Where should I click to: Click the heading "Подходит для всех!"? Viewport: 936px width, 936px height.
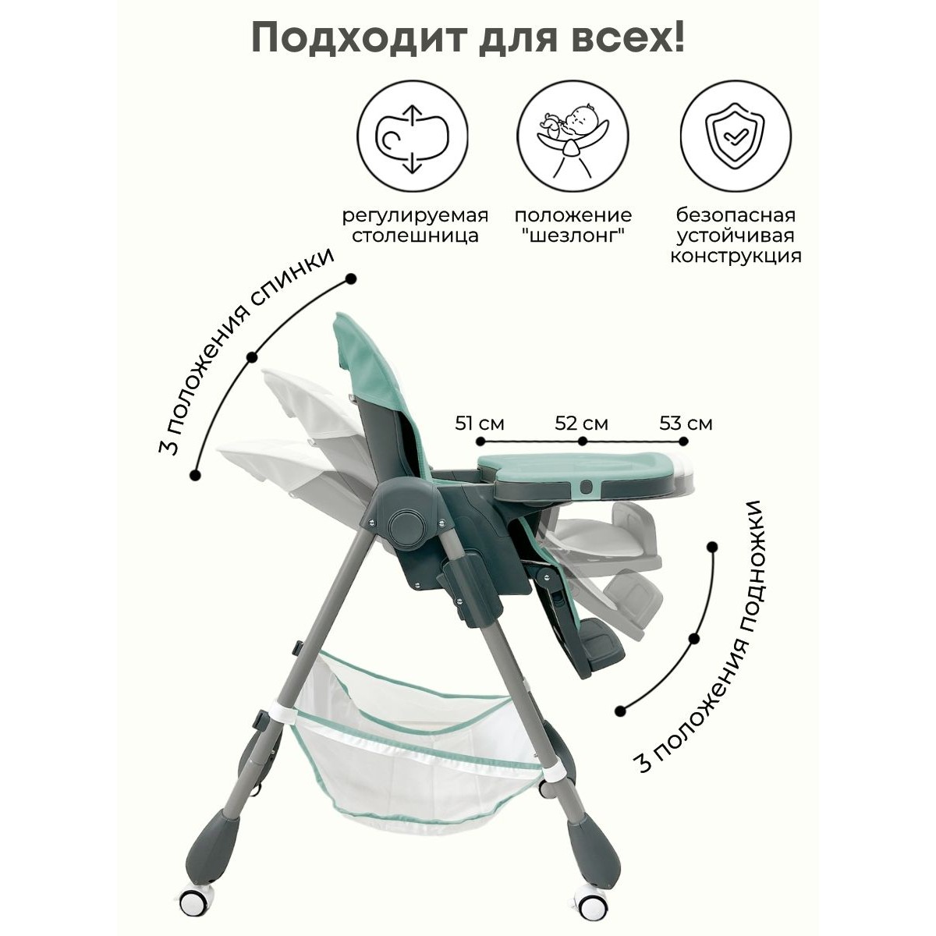(x=468, y=39)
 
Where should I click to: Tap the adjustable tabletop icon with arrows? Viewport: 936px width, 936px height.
(x=413, y=136)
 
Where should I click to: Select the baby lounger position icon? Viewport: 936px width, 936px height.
(x=573, y=136)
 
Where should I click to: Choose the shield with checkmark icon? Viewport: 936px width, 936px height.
(x=736, y=136)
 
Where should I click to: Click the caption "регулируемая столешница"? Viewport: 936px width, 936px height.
(x=415, y=225)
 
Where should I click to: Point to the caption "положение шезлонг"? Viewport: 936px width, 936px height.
(x=573, y=225)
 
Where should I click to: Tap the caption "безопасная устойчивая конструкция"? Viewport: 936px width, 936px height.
(x=736, y=236)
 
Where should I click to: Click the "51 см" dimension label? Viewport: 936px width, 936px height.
(x=480, y=424)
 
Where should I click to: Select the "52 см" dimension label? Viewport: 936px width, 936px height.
(x=581, y=424)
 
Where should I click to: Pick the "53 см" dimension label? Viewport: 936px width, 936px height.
(x=686, y=424)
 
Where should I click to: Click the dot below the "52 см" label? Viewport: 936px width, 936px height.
(x=583, y=441)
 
